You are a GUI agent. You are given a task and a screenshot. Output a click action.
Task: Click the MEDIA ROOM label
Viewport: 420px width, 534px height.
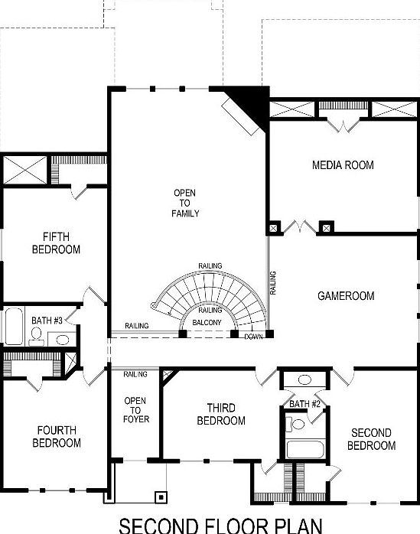pos(342,165)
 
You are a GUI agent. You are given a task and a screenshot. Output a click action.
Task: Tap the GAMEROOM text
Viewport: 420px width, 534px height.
pos(346,295)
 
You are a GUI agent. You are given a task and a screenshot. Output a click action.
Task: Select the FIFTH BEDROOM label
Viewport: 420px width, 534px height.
pos(56,243)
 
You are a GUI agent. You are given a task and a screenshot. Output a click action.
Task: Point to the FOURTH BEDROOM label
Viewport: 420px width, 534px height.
pos(57,437)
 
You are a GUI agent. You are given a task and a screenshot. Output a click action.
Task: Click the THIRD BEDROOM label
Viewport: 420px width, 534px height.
pos(221,415)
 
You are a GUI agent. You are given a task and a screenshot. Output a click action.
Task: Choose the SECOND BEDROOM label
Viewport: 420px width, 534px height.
pos(373,439)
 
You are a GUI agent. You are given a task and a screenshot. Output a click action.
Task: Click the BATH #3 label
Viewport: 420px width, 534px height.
pos(47,321)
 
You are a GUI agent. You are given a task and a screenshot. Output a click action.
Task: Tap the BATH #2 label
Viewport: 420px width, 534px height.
pos(304,403)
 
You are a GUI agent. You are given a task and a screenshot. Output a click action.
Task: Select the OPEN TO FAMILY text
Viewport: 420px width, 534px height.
pos(185,203)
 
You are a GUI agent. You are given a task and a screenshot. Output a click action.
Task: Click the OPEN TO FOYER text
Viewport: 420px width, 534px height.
pos(135,409)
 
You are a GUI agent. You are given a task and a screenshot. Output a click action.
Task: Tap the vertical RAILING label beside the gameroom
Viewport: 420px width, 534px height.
pos(272,283)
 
